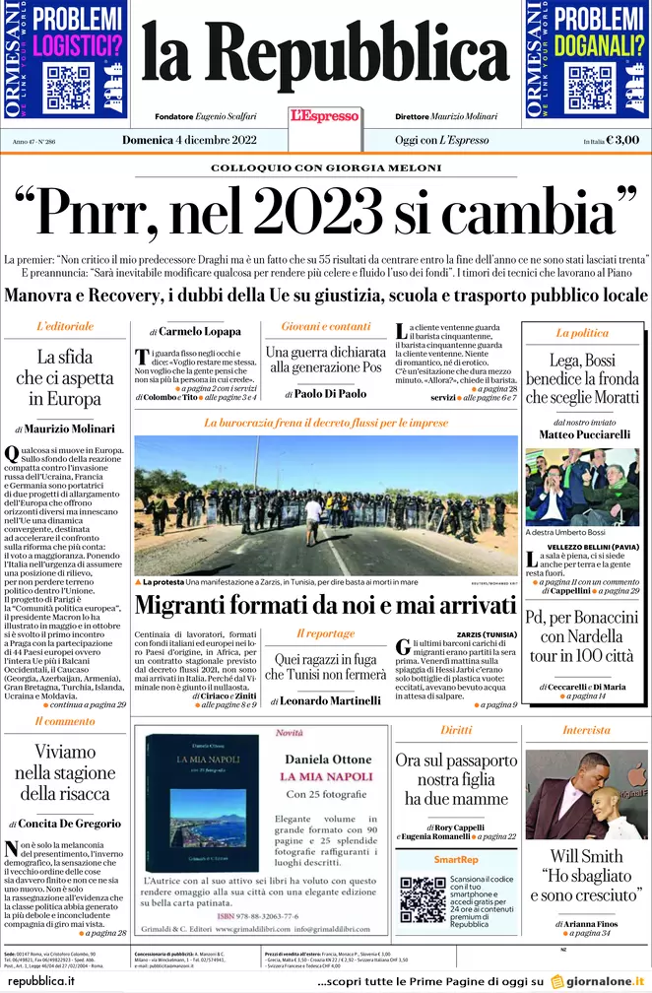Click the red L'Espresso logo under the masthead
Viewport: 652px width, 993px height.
[324, 116]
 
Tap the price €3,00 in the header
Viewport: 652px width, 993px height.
[622, 140]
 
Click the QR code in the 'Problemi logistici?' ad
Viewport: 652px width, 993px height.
[69, 87]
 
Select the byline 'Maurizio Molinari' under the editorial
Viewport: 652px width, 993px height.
[71, 429]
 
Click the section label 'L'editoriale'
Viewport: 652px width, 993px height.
[65, 326]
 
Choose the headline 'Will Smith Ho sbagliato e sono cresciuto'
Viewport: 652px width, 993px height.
[586, 875]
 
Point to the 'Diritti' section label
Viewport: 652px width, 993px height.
[456, 730]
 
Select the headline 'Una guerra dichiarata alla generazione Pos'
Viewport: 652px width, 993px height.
[325, 360]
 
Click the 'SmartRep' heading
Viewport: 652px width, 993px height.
[456, 860]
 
